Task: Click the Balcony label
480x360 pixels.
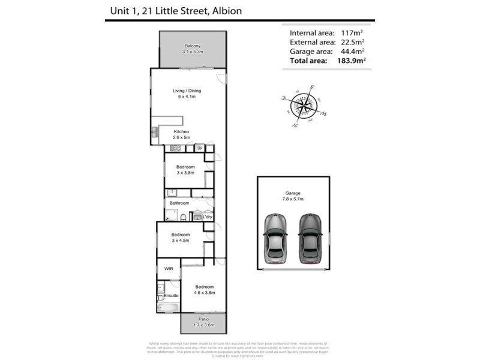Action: (193, 46)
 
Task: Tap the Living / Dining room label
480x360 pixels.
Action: (186, 91)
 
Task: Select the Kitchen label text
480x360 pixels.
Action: (181, 131)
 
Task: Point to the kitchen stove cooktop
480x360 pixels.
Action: (176, 148)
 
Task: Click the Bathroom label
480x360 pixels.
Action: (179, 203)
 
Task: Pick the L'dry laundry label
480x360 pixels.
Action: (208, 217)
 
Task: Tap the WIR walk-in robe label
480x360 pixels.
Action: (169, 269)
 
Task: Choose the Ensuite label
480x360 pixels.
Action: (172, 295)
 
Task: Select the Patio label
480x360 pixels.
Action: (203, 319)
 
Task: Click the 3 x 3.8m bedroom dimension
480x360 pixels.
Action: (185, 172)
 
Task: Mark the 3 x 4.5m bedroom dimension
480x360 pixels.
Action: (180, 240)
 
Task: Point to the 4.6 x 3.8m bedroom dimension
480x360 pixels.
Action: (205, 292)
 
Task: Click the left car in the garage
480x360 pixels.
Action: (275, 238)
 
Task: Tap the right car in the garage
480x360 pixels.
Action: (310, 238)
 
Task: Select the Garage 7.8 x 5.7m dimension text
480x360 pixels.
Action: (293, 199)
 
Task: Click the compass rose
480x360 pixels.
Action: (303, 106)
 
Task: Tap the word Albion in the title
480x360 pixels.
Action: (224, 11)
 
